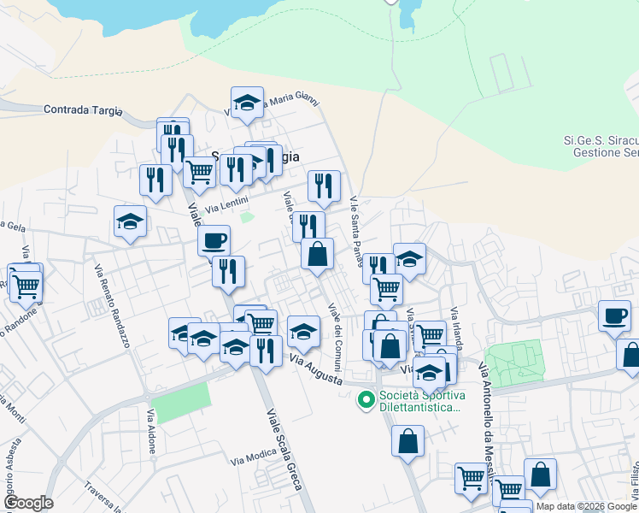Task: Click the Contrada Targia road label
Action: click(83, 110)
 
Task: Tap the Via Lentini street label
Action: click(226, 203)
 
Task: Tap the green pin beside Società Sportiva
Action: click(366, 398)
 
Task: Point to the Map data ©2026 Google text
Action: click(586, 506)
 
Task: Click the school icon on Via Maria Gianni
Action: click(247, 103)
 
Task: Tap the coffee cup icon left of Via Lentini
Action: click(214, 239)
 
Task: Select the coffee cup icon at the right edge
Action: click(613, 315)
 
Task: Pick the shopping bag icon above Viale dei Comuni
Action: click(317, 254)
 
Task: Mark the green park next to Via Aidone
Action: click(182, 403)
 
